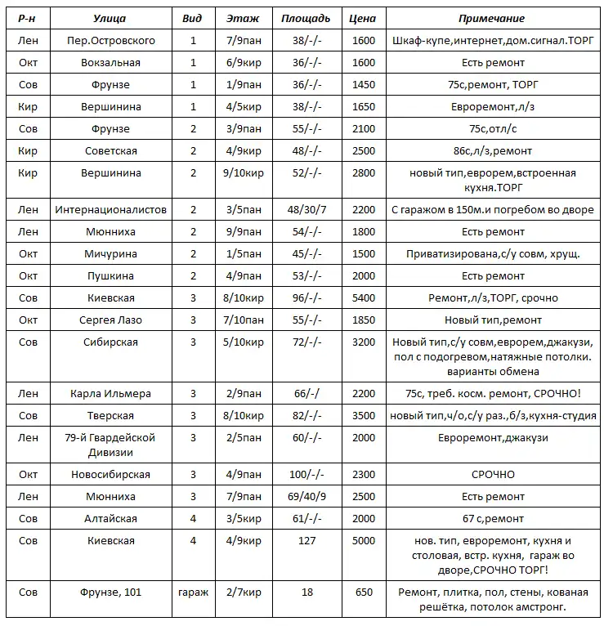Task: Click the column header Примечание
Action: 492,18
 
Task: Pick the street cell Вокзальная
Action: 110,62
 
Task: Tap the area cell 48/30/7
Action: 306,210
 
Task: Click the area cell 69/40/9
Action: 306,496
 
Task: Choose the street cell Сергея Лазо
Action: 110,320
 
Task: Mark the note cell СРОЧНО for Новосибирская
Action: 492,474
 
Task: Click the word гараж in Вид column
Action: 193,592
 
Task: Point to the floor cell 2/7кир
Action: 244,592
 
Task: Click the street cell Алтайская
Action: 110,518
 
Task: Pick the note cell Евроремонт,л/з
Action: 492,106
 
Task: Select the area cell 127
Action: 306,540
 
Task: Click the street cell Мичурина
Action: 110,254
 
